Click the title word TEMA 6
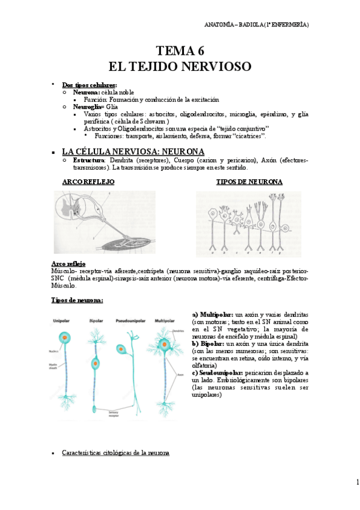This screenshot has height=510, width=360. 180,51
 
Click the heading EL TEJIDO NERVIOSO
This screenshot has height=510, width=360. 180,65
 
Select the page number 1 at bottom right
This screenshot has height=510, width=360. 356,482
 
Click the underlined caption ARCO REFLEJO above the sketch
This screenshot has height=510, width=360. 88,181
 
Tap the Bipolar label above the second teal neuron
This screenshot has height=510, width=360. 96,321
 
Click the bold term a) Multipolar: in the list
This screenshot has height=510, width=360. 210,315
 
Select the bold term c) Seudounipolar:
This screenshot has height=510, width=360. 218,373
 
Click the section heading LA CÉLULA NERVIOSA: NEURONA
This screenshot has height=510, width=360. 133,152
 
